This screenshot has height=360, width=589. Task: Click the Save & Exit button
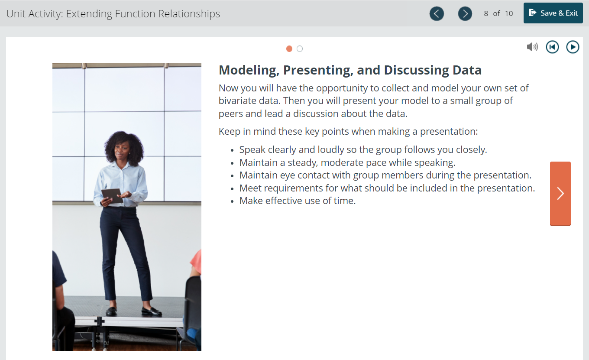(x=553, y=13)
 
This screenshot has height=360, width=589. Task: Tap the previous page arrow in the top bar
(x=437, y=13)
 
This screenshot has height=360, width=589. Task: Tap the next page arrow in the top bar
(x=465, y=13)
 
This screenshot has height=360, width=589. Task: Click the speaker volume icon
(x=532, y=47)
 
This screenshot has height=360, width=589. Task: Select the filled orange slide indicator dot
(x=289, y=49)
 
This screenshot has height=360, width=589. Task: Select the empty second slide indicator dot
(x=300, y=49)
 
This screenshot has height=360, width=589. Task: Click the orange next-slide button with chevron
(x=560, y=194)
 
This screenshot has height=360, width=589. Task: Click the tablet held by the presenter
(x=113, y=196)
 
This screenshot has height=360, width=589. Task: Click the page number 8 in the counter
(x=486, y=13)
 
